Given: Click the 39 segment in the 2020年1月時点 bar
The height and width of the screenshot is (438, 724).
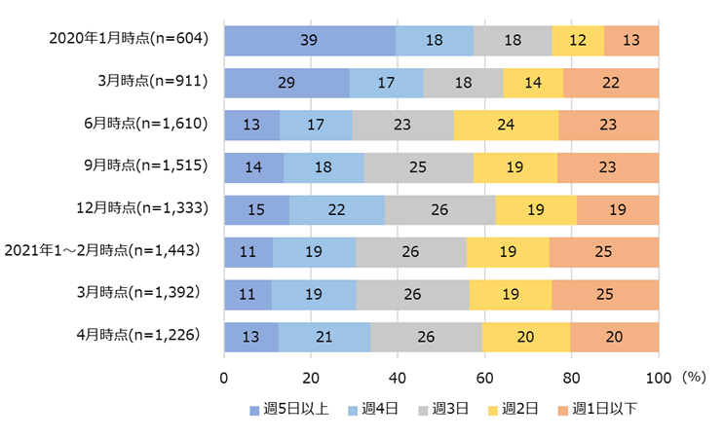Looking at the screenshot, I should pos(310,41).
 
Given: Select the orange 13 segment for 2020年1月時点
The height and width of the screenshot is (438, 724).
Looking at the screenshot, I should pos(631,41).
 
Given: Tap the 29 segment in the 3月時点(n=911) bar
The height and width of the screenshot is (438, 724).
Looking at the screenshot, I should pos(286,83).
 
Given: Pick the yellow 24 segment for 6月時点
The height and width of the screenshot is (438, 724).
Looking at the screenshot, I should pos(506,126).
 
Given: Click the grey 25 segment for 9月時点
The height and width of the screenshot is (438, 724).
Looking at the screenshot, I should pos(418,167).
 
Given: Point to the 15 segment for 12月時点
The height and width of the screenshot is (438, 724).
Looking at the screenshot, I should pos(256,209).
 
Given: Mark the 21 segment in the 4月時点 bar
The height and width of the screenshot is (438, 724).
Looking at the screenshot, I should pos(324,336).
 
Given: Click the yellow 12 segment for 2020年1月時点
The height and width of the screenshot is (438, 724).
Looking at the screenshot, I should pos(578,41).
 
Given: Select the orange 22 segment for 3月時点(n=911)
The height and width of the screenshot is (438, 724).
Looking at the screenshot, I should pos(611,83).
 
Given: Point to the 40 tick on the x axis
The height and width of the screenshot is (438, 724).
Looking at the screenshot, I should pos(398,378).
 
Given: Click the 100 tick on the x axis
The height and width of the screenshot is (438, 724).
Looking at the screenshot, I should pos(659,378).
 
